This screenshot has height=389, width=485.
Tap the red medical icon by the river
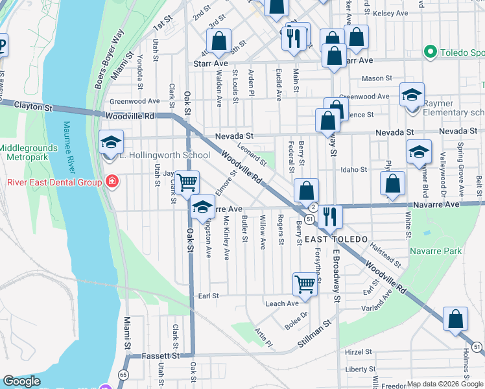112,181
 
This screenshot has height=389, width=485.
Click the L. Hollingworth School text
165,155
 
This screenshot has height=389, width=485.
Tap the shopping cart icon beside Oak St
187,182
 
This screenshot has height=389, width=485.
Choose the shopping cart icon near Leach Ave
305,283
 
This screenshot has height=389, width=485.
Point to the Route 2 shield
313,207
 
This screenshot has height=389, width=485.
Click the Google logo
21,381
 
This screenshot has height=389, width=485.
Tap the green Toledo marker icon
429,51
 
